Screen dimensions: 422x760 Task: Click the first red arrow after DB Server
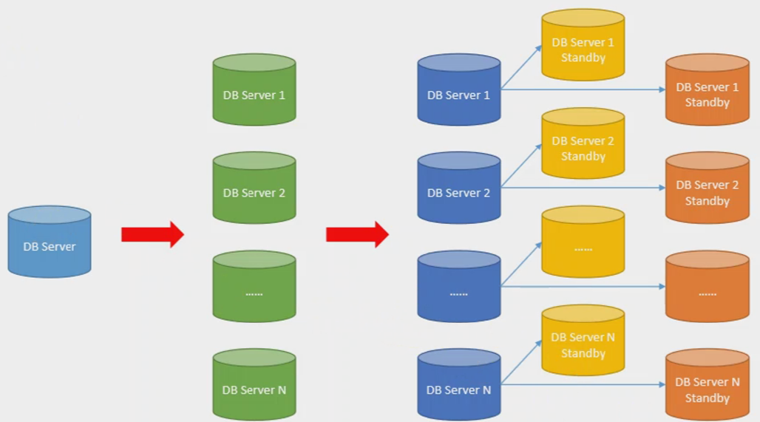click(152, 234)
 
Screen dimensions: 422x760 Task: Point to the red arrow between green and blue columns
click(356, 234)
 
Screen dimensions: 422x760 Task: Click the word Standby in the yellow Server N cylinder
click(583, 353)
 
